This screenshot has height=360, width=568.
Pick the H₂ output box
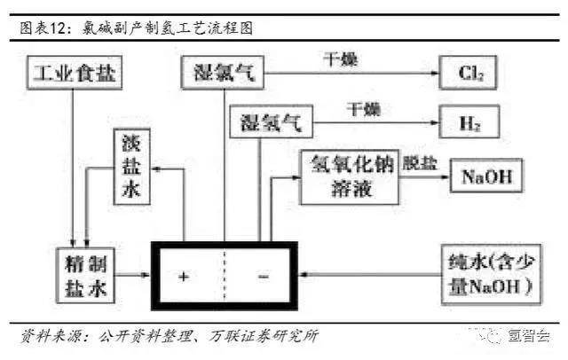[x=467, y=121]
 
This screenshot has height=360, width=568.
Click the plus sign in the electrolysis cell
[x=184, y=277]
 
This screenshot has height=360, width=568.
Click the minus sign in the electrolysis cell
[x=263, y=277]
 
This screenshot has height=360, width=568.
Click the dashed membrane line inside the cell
[x=224, y=275]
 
